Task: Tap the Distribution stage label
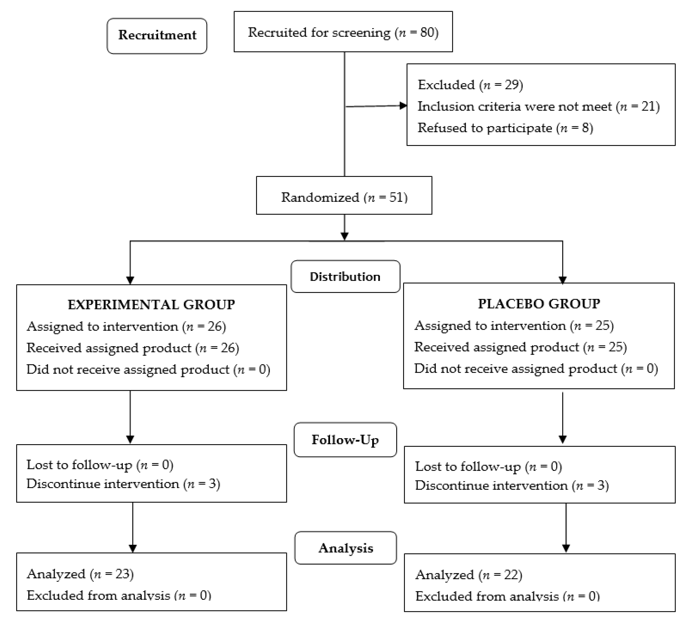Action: [x=345, y=277]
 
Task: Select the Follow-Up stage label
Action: [x=345, y=440]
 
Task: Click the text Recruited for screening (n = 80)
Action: [x=343, y=32]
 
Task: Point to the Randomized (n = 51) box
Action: [x=344, y=197]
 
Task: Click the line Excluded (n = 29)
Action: [x=470, y=85]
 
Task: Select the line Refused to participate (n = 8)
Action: [x=505, y=128]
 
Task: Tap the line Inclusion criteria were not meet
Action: [x=538, y=106]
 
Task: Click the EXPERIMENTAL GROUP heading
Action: [x=151, y=304]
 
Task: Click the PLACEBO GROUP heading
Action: [x=539, y=304]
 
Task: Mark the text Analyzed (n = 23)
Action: [x=80, y=574]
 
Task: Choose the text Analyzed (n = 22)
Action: [x=469, y=575]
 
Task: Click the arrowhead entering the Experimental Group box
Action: [x=130, y=280]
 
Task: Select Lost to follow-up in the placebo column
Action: [x=488, y=466]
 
